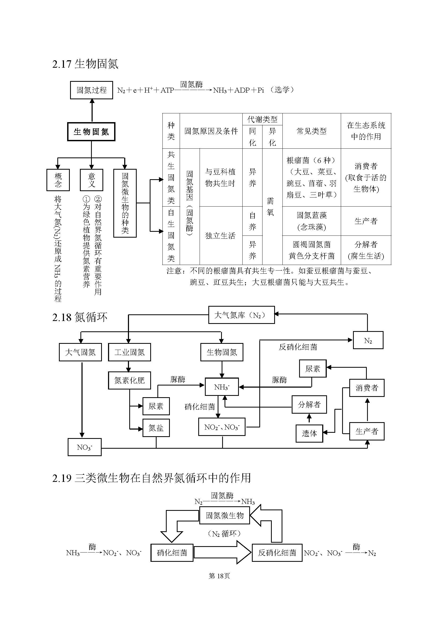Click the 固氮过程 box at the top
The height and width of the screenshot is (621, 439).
(x=91, y=90)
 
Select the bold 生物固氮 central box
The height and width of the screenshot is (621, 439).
(x=91, y=132)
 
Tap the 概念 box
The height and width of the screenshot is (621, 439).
(x=58, y=180)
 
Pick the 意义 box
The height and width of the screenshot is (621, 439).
(x=91, y=180)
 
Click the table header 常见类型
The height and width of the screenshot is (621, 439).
(x=311, y=131)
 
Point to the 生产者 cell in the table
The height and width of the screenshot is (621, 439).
(x=366, y=221)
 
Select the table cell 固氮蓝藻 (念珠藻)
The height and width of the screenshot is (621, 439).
(x=311, y=221)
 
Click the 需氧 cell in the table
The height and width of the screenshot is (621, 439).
(x=270, y=206)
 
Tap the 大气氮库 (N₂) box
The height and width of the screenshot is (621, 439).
(x=241, y=315)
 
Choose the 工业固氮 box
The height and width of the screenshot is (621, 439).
(x=129, y=352)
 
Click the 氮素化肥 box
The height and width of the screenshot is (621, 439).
(x=129, y=380)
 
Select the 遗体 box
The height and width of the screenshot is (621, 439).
(x=309, y=434)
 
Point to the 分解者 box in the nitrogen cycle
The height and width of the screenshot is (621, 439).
(x=309, y=405)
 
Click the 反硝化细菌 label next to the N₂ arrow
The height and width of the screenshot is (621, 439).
(x=298, y=347)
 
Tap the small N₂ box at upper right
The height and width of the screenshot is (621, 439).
(x=368, y=340)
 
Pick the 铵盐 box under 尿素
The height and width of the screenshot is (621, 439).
(x=156, y=428)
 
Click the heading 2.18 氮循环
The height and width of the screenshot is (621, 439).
(x=80, y=317)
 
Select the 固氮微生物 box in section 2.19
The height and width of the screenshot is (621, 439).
(x=225, y=516)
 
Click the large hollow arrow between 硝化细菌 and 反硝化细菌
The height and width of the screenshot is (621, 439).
(x=222, y=553)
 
